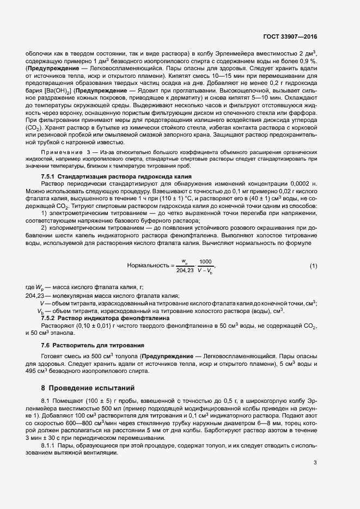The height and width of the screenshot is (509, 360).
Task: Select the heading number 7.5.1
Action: pyautogui.click(x=50, y=177)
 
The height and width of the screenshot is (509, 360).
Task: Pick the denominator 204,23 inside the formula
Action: pyautogui.click(x=185, y=270)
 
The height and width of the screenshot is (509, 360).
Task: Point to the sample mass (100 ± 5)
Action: pyautogui.click(x=83, y=401)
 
